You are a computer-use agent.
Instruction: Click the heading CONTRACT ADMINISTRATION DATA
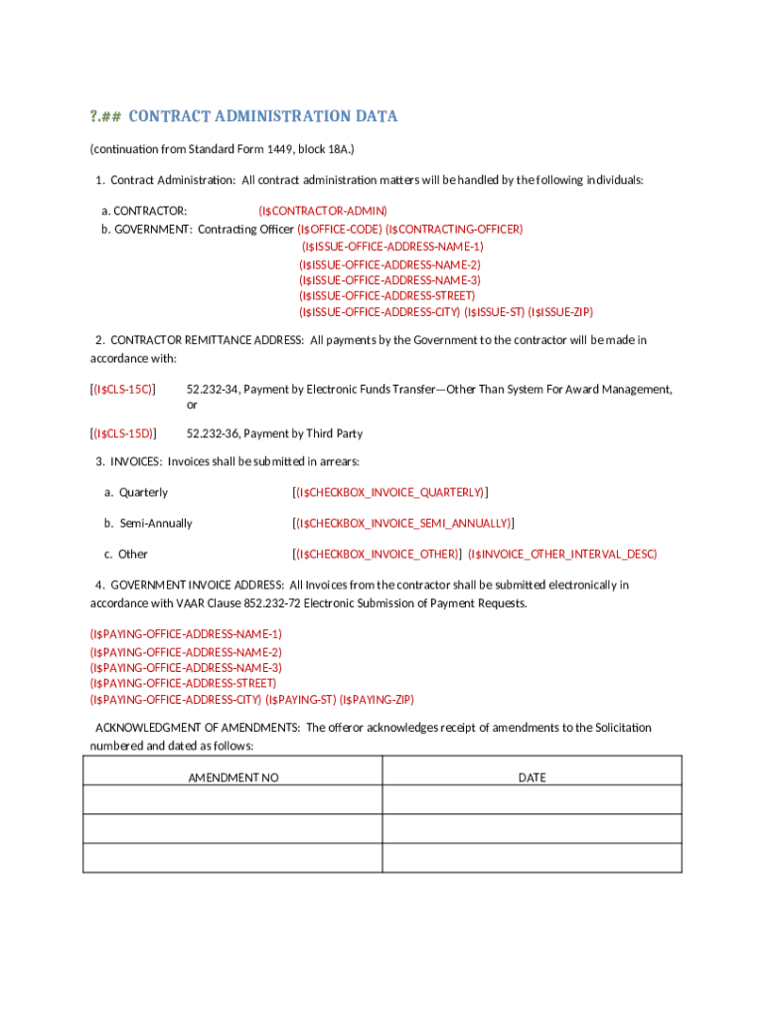(x=263, y=116)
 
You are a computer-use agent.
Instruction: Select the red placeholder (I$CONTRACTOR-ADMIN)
(x=323, y=211)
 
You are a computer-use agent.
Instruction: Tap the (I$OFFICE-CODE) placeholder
(x=340, y=229)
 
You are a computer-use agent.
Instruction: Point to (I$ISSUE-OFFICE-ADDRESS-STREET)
(x=386, y=295)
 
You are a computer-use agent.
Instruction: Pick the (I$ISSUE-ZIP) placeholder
(x=560, y=311)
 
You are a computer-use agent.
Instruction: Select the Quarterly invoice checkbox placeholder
(x=390, y=492)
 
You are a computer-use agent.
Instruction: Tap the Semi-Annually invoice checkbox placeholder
(x=403, y=523)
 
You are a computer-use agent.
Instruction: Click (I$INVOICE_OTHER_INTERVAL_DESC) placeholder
(x=562, y=554)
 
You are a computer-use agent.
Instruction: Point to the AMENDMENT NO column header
(x=233, y=777)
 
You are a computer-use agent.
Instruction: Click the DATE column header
(x=532, y=777)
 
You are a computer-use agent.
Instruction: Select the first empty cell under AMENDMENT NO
(x=232, y=800)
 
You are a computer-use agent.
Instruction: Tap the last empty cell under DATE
(x=532, y=858)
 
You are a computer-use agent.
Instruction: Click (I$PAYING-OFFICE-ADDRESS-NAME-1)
(x=186, y=633)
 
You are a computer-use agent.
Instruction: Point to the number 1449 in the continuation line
(x=293, y=149)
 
